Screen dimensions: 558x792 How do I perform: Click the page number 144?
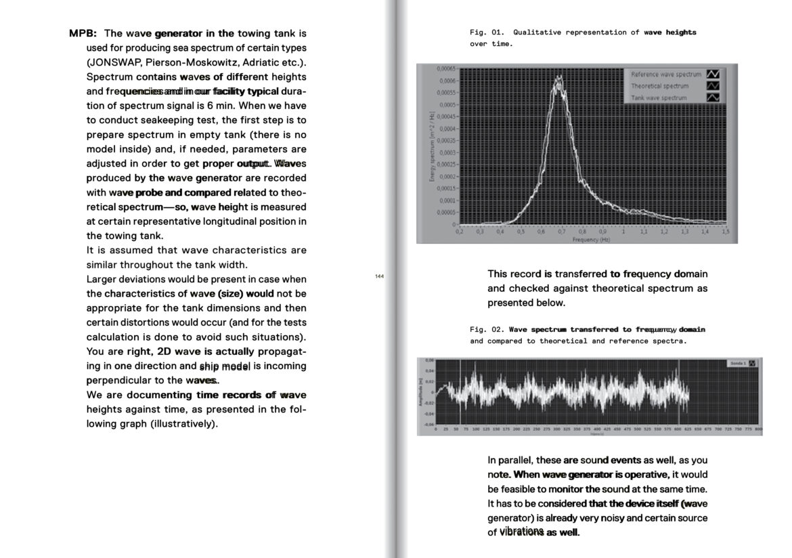coord(379,276)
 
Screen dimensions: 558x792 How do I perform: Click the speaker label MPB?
coord(83,33)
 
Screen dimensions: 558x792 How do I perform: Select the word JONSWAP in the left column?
coord(114,62)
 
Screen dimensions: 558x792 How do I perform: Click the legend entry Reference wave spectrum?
coord(665,74)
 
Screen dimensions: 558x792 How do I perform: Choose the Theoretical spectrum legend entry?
coord(659,86)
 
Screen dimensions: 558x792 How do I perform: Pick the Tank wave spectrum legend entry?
coord(658,98)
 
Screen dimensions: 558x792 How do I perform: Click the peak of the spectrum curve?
coord(559,79)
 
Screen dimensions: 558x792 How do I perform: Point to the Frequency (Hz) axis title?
coord(590,240)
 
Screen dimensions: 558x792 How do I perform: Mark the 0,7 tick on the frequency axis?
coord(561,232)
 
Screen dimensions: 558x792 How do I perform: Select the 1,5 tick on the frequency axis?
coord(725,232)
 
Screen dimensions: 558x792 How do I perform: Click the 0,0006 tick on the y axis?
coord(446,81)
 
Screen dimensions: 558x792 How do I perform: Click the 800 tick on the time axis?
coord(758,429)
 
